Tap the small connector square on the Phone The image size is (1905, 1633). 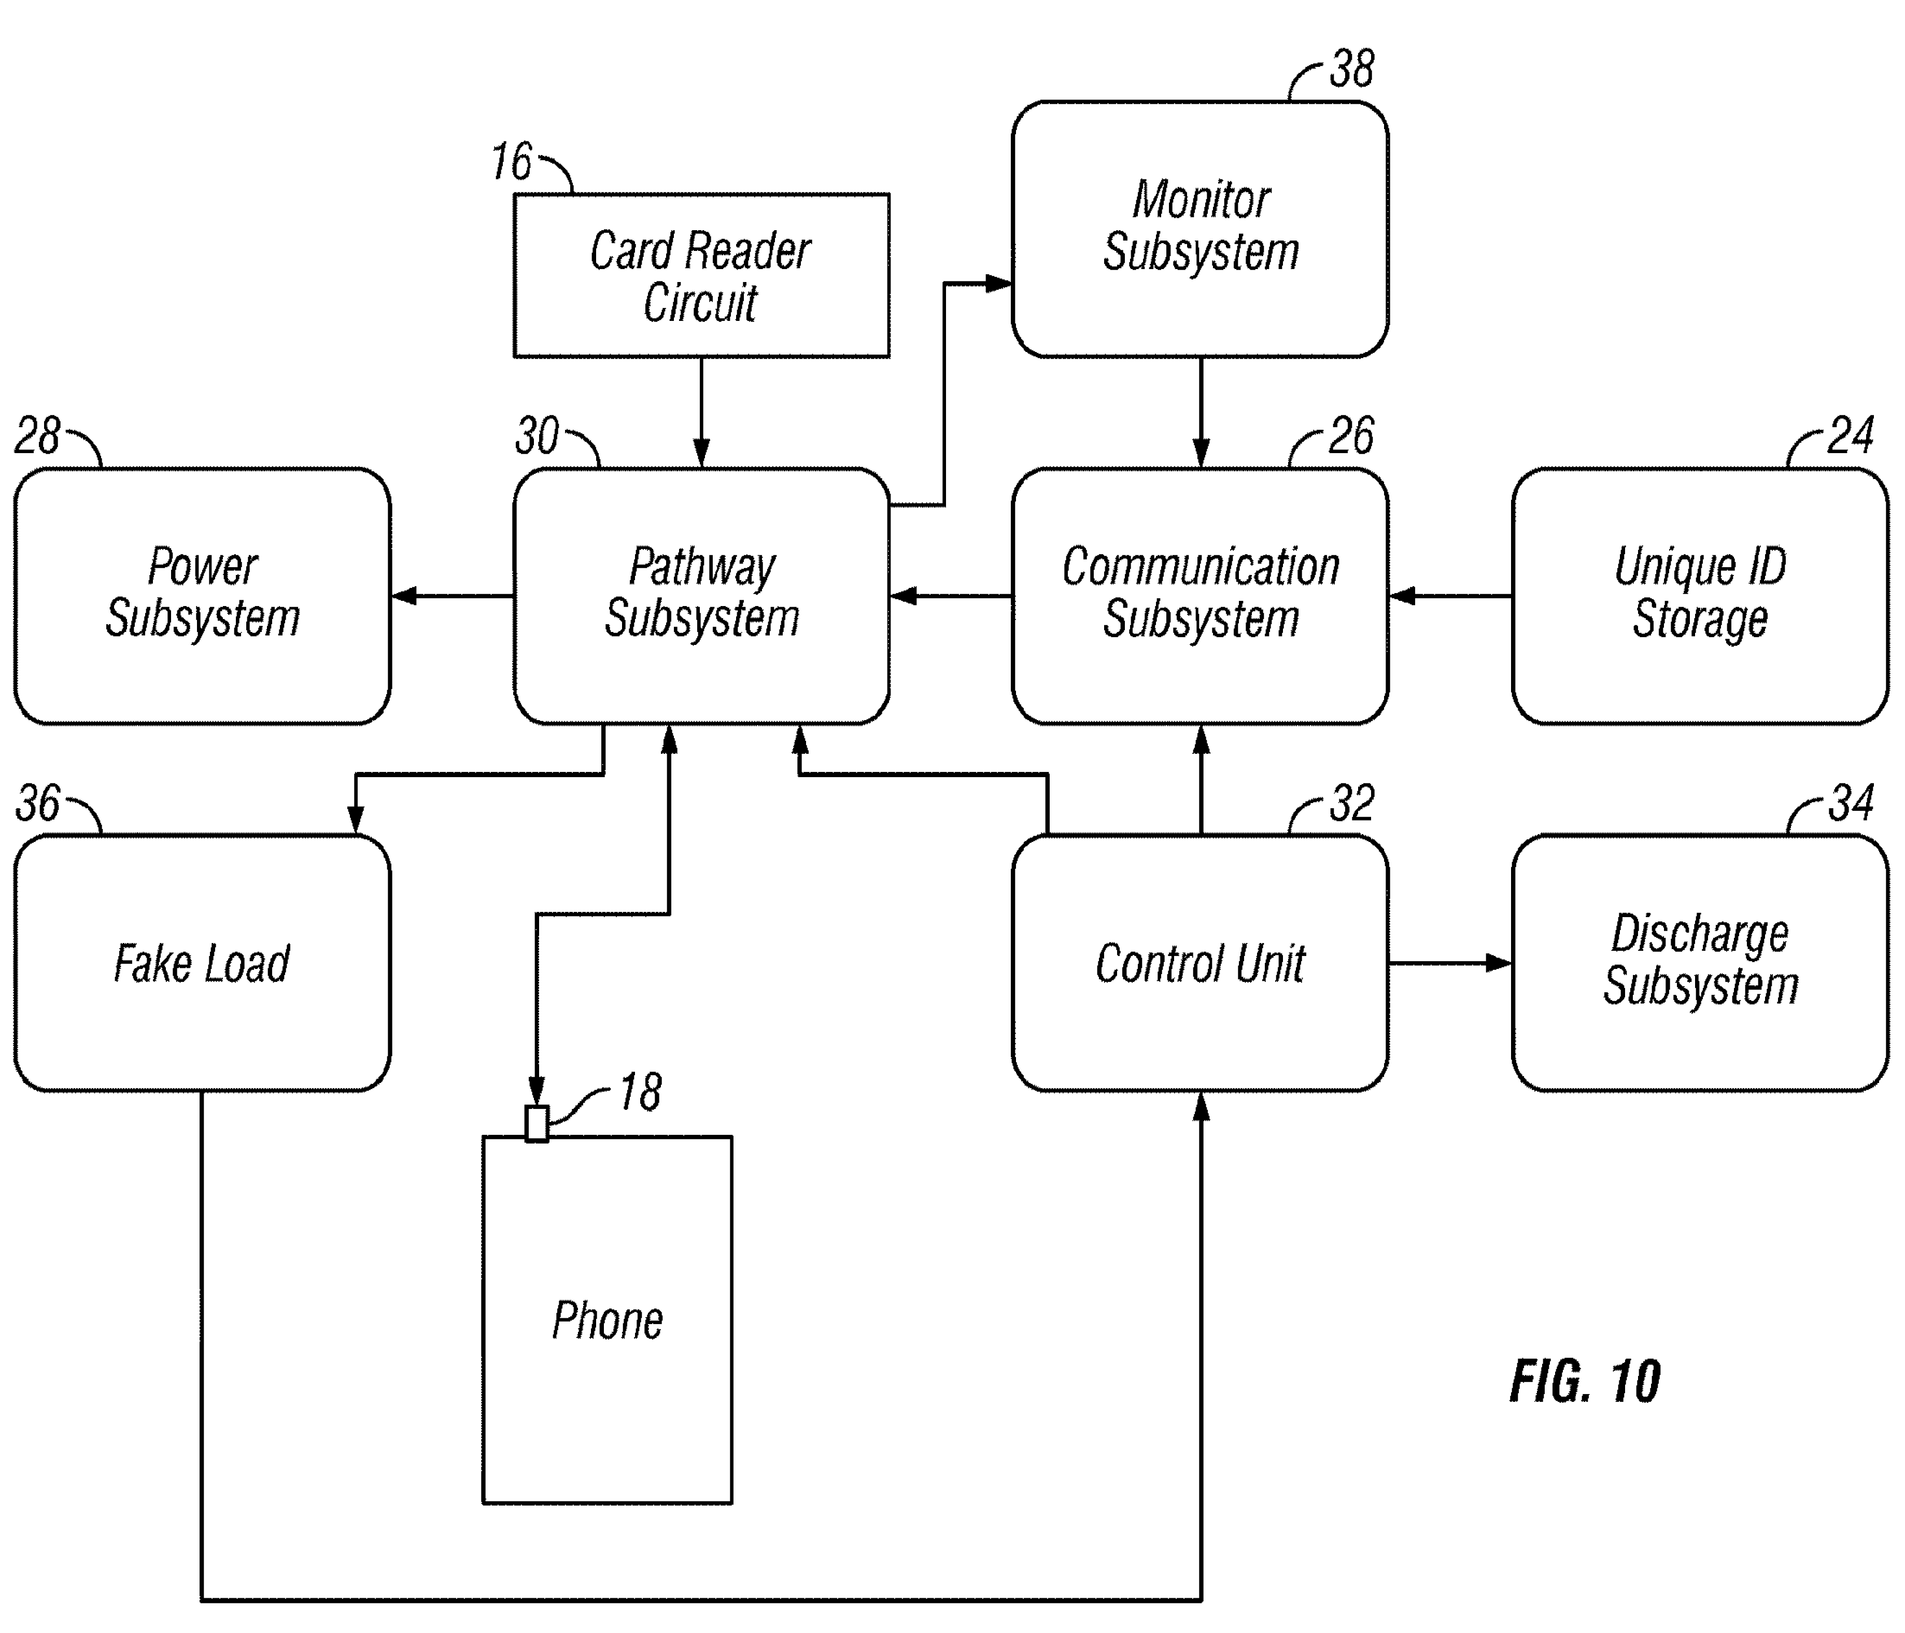537,1123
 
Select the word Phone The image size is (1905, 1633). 608,1321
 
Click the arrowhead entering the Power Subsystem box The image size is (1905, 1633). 404,596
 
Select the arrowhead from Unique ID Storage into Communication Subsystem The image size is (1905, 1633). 1401,596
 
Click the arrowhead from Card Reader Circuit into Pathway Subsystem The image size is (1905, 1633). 701,453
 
